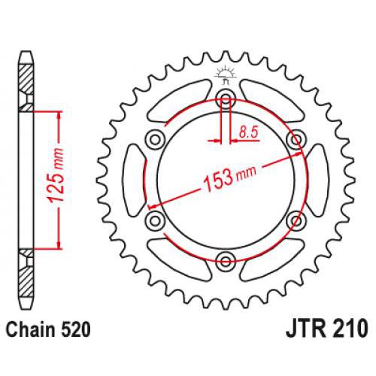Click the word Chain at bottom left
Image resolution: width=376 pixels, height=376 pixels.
tap(27, 329)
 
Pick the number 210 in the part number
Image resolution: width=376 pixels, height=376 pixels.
tap(350, 329)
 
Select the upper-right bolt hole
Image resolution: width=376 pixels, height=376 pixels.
tap(296, 138)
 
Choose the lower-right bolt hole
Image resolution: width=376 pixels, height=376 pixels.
tap(296, 220)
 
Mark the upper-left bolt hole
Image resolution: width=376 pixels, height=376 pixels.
tap(155, 138)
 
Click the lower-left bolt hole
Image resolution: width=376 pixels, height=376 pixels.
tap(155, 220)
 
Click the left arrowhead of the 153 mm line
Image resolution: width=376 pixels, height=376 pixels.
tap(152, 206)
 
